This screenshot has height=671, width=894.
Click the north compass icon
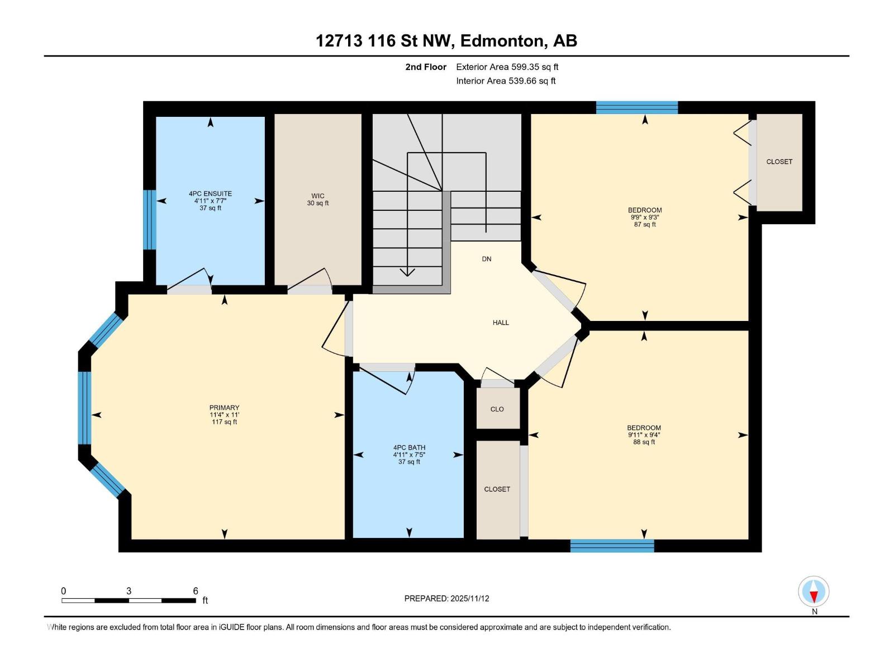[814, 592]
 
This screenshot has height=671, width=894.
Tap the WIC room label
[318, 196]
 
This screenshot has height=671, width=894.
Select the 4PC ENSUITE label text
[210, 194]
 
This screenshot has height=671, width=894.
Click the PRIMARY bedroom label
[224, 408]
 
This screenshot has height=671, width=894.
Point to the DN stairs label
[487, 259]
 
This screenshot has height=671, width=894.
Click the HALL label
[501, 323]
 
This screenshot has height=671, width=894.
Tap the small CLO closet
[497, 409]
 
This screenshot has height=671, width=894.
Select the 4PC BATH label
[409, 447]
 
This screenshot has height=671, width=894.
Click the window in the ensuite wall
[149, 219]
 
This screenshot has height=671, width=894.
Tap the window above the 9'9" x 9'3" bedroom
[636, 107]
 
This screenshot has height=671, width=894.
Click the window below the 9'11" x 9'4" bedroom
[612, 545]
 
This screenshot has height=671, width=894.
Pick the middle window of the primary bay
[84, 408]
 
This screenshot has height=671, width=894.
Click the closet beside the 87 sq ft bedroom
[779, 162]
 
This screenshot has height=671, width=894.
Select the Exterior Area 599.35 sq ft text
[507, 67]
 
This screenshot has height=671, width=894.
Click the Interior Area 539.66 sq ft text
[506, 81]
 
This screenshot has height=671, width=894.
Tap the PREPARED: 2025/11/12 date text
[446, 598]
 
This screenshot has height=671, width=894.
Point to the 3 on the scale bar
[129, 591]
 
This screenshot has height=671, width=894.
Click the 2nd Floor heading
[426, 67]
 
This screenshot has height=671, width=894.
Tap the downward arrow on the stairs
[407, 272]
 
